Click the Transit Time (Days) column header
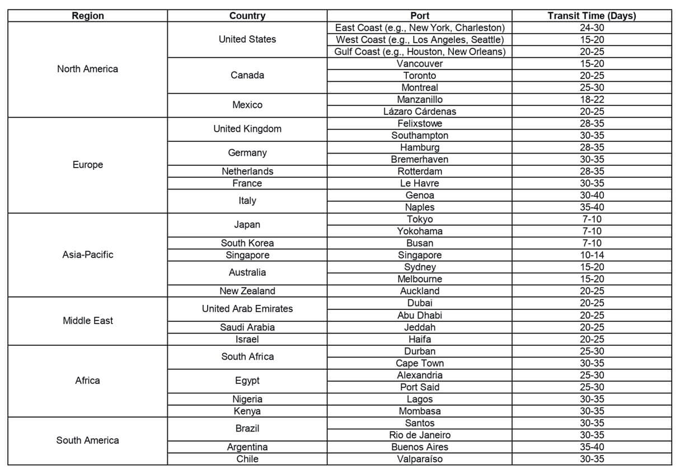592,16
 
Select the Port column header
419,16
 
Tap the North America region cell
87,69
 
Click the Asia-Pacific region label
87,254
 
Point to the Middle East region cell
87,321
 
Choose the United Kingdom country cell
247,129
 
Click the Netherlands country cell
247,171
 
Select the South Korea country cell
247,243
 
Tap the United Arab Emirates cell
247,309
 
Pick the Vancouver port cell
419,63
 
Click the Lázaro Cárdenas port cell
419,111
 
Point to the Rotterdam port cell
419,171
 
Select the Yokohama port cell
419,231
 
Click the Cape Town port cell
419,363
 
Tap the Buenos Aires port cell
419,447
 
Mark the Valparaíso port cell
419,459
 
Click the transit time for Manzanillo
592,99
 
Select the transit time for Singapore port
592,255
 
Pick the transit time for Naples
592,207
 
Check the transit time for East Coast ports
592,27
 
